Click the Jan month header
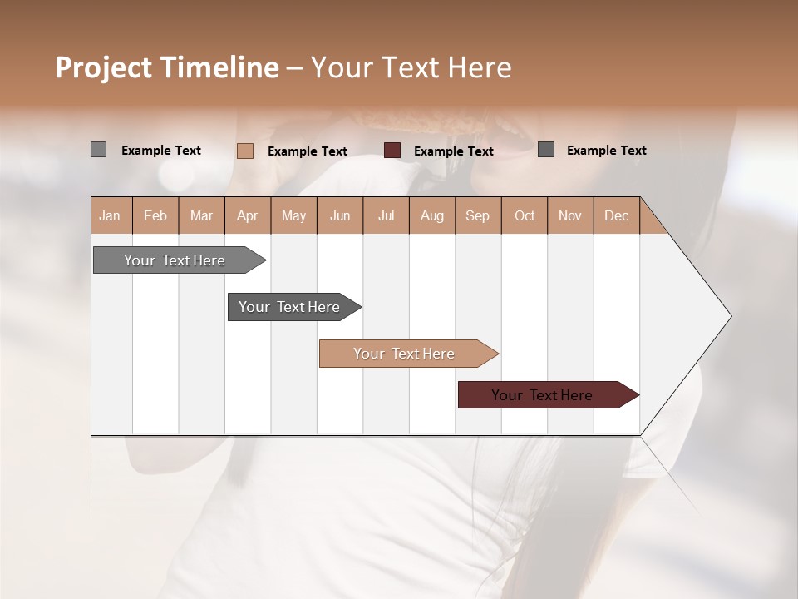coord(110,215)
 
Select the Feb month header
coord(155,215)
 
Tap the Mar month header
coord(201,215)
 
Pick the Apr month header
coord(247,215)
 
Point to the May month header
coord(293,215)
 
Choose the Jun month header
coord(340,215)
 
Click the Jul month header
coord(386,215)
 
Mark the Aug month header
coord(431,215)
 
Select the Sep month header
coord(477,215)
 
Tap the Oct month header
coord(525,215)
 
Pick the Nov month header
coord(570,215)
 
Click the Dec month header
coord(616,215)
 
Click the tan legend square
coord(245,151)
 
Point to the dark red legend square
coord(392,151)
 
